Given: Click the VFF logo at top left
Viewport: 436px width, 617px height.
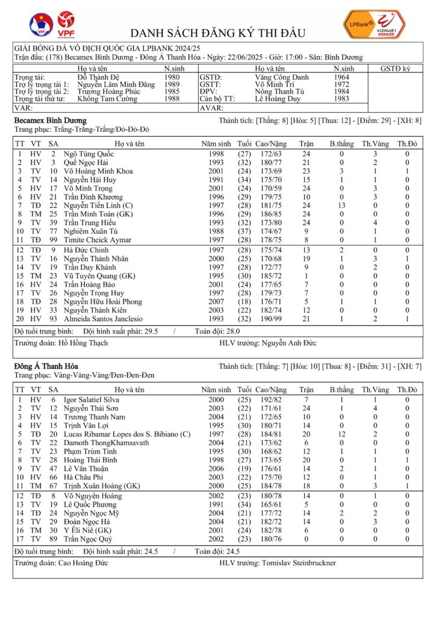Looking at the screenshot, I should [x=41, y=25].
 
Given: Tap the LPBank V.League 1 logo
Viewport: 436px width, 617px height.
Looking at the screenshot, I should [x=374, y=25].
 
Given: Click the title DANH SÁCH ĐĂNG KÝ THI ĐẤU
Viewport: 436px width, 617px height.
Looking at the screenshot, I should [x=218, y=33].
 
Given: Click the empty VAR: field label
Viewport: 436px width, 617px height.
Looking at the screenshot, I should [x=23, y=108].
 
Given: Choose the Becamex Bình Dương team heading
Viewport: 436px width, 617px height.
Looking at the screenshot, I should [x=50, y=121].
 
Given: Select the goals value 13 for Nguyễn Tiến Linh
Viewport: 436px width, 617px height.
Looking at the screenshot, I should [x=341, y=205].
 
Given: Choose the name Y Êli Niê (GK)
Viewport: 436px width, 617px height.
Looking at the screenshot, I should [x=89, y=530].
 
